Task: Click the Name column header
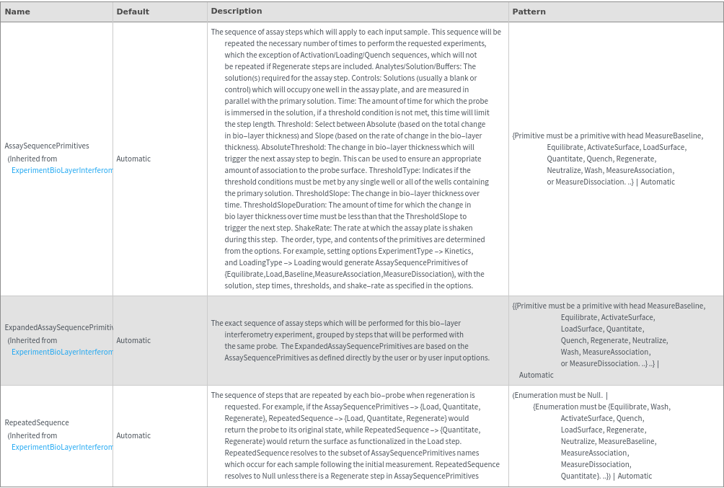click(x=17, y=12)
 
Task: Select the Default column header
click(x=133, y=12)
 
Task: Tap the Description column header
click(x=237, y=11)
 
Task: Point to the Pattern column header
click(x=529, y=12)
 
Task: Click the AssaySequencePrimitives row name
click(x=47, y=146)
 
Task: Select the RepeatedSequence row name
click(x=37, y=422)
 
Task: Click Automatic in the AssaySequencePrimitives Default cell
click(x=133, y=159)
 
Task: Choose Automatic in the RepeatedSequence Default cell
click(x=133, y=435)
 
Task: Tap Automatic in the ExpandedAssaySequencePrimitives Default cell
click(x=133, y=340)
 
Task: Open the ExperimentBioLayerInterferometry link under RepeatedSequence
click(x=62, y=447)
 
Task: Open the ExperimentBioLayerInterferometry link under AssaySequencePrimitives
click(x=62, y=170)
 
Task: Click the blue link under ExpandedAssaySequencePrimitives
click(x=62, y=352)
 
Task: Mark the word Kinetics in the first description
click(x=457, y=251)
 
